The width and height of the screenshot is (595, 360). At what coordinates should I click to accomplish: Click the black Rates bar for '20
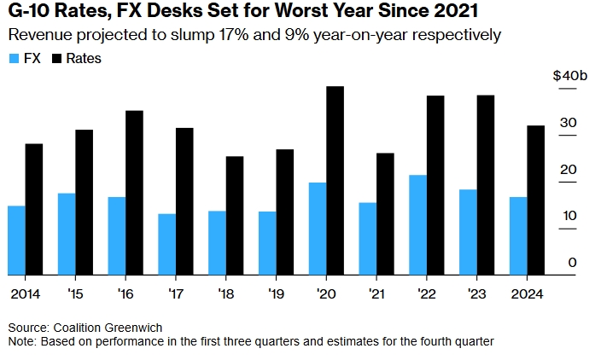click(335, 181)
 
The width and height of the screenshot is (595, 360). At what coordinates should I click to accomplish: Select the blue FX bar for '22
click(417, 225)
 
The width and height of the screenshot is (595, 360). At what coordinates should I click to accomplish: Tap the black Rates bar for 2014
click(33, 209)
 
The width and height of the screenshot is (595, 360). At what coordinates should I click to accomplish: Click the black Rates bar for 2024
click(535, 200)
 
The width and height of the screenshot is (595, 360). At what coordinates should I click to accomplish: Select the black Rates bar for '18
click(235, 216)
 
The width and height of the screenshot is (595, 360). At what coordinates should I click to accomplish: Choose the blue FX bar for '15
click(67, 234)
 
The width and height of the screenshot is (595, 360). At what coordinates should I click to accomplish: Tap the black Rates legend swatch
click(57, 59)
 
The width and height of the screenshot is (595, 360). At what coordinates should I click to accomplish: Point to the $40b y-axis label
click(567, 76)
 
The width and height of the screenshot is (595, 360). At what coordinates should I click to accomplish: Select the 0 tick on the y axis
click(573, 263)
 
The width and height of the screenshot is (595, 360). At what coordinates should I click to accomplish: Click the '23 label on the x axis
click(477, 293)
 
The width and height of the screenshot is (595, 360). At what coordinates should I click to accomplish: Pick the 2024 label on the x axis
click(527, 293)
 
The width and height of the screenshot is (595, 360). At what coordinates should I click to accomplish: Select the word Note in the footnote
click(22, 341)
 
